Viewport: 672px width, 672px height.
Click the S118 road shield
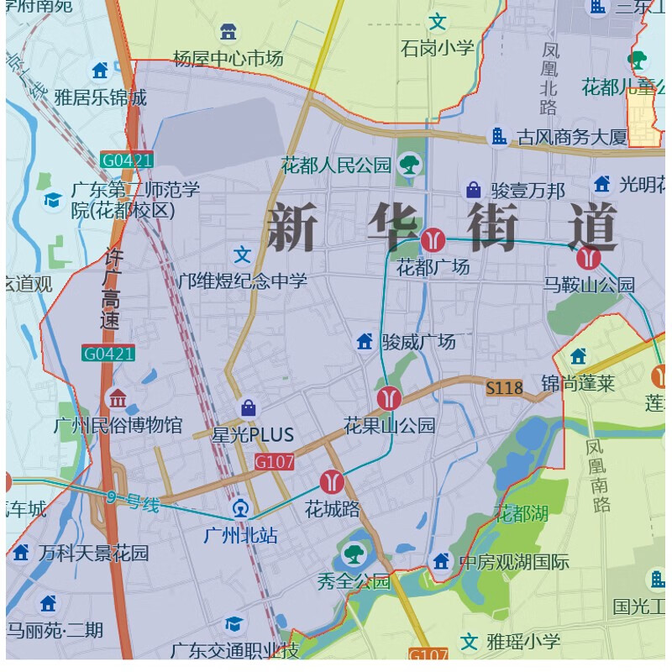point(504,388)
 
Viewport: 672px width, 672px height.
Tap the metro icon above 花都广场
point(433,240)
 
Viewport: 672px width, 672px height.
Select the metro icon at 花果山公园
point(388,397)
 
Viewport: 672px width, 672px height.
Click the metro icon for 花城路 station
point(332,481)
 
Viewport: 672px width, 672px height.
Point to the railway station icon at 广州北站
point(241,508)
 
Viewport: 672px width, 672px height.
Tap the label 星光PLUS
point(253,435)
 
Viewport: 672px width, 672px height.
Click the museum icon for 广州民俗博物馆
point(117,398)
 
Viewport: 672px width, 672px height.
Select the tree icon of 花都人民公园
point(409,164)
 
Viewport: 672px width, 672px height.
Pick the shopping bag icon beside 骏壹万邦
point(473,190)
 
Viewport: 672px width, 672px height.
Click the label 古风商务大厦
point(571,137)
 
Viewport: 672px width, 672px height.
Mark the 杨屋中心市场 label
point(228,58)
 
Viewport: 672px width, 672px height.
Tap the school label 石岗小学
point(437,48)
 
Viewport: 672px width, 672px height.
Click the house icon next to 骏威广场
point(365,341)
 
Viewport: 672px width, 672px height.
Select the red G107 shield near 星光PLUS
point(274,461)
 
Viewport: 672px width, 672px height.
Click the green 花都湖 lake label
point(521,512)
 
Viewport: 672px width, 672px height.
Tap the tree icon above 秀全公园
point(353,554)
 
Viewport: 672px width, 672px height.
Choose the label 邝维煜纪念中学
point(243,281)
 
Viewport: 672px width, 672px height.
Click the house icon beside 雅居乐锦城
point(100,71)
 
